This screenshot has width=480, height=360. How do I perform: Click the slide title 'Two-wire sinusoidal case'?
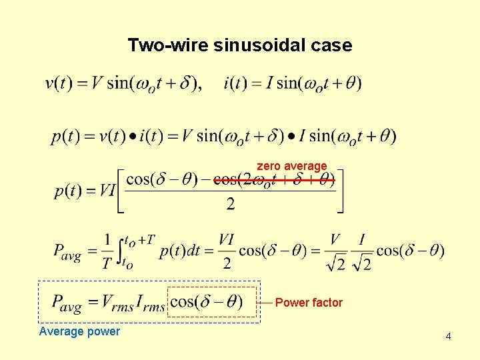239,45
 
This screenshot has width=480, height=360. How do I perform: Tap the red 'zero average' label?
292,165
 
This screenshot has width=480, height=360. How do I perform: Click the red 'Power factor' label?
309,303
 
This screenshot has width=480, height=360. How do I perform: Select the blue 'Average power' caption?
79,331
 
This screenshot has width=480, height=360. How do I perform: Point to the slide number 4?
448,336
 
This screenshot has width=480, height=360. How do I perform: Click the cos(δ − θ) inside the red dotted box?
206,301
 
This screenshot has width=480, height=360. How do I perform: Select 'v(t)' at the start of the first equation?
58,84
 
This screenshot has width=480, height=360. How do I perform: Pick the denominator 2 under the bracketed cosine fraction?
230,204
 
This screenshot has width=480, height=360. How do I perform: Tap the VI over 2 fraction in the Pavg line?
227,251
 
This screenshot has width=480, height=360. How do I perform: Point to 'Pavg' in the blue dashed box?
67,303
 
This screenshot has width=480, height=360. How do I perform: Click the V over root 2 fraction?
336,251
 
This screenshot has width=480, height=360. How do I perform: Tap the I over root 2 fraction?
363,251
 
